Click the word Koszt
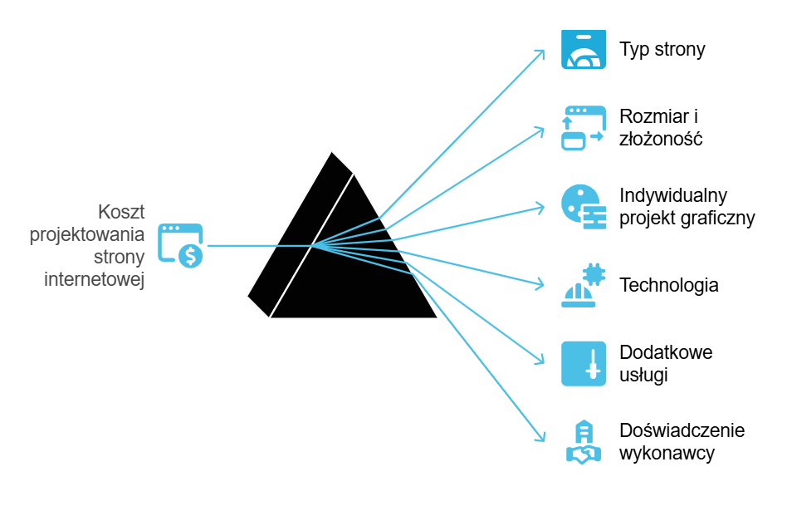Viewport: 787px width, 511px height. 121,212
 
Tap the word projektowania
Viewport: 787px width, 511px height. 87,234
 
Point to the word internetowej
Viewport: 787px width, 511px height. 95,279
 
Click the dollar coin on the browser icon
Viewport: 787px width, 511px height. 191,257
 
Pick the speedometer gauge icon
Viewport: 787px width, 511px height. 584,50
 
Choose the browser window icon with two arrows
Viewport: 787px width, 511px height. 584,128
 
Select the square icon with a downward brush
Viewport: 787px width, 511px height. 584,363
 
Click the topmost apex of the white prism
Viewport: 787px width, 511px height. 332,150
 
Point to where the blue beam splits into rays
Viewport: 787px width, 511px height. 312,245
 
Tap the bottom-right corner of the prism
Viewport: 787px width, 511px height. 438,318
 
